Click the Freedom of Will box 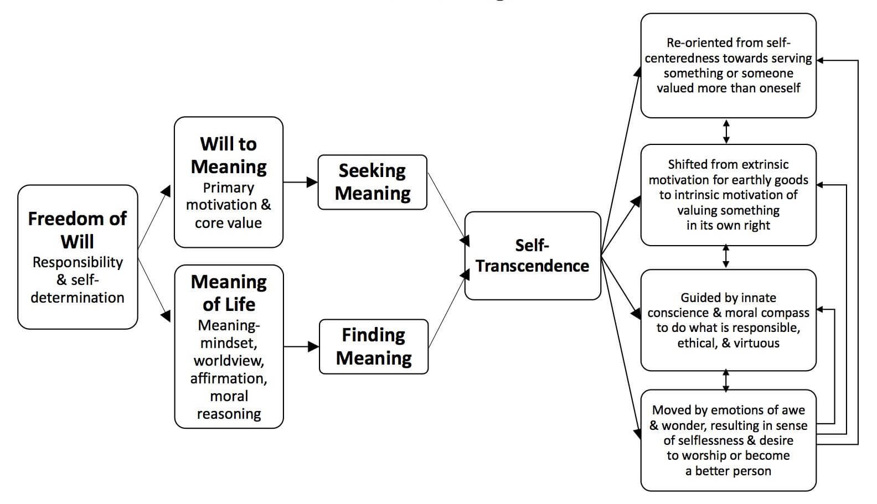pos(78,257)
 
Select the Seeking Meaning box pos(372,182)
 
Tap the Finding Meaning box pos(374,346)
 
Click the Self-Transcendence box pos(532,256)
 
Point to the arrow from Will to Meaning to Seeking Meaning pos(300,182)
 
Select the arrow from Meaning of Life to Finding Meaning pos(301,347)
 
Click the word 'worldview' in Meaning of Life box pos(229,361)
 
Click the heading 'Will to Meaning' pos(229,155)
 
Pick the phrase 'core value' pos(228,223)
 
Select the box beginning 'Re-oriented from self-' pos(728,65)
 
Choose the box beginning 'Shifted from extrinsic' pos(728,195)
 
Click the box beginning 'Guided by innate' pos(728,320)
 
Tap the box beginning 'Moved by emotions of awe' pos(728,440)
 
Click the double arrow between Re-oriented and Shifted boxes pos(726,131)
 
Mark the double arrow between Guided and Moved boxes pos(726,381)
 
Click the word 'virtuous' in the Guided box pos(756,343)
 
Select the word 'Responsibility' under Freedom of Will pos(78,262)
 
